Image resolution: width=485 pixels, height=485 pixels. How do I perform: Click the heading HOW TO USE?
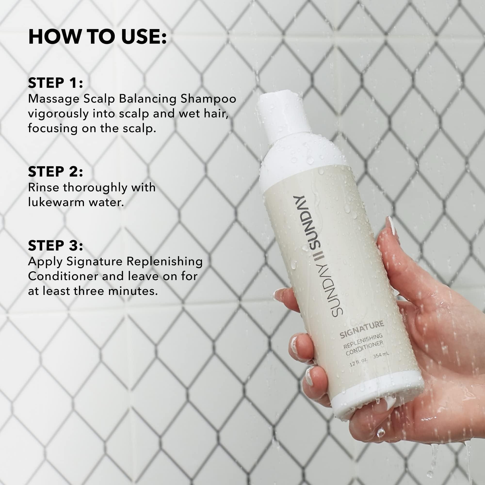(97, 37)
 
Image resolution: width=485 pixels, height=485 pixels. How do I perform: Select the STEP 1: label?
(56, 83)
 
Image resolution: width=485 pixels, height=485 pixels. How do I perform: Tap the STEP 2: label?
(56, 172)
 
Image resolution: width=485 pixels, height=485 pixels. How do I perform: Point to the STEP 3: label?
(56, 246)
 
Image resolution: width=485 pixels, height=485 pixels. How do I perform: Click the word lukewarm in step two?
(56, 202)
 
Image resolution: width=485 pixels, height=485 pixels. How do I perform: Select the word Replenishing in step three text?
(164, 262)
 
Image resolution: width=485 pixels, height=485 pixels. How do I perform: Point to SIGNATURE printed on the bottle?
(362, 330)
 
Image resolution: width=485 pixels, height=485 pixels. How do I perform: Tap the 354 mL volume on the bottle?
(381, 355)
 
